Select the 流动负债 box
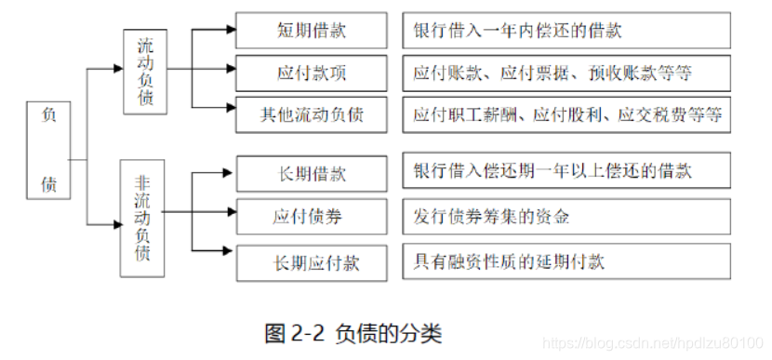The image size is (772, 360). [147, 72]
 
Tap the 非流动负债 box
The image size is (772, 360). [142, 217]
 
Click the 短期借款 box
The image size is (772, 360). [312, 30]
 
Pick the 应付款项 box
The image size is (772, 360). [312, 73]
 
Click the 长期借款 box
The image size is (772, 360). [312, 174]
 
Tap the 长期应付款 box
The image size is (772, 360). [312, 262]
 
